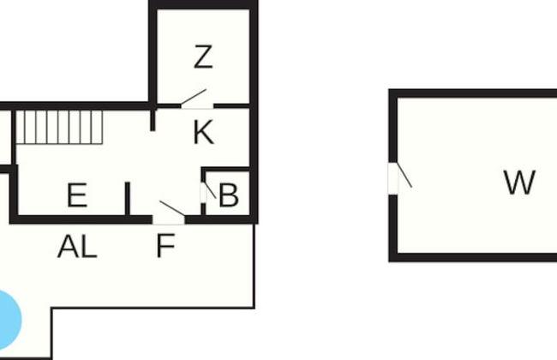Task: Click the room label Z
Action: (x=203, y=57)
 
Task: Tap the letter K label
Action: (x=203, y=133)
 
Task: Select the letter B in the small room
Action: (x=228, y=196)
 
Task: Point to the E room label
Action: (x=77, y=196)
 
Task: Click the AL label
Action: (x=77, y=248)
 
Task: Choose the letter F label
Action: (x=165, y=248)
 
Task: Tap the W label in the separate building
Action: (x=519, y=183)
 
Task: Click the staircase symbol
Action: (x=59, y=127)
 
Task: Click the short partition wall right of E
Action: (x=128, y=199)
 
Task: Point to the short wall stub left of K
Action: (x=153, y=117)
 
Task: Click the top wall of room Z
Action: (x=203, y=5)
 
